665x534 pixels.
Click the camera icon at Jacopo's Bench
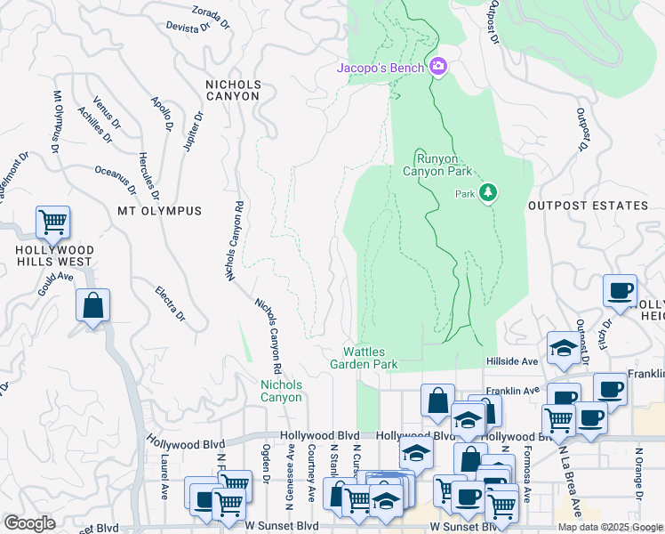437,68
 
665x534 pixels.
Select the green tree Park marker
487,193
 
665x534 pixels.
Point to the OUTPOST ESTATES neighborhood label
588,206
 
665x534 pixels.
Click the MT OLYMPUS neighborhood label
159,211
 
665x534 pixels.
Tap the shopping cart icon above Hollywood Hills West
52,222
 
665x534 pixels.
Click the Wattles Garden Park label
364,358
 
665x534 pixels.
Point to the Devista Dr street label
187,27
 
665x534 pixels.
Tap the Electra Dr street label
169,303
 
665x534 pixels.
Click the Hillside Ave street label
512,361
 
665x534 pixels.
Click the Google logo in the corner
29,523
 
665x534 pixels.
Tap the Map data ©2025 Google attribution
610,527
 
